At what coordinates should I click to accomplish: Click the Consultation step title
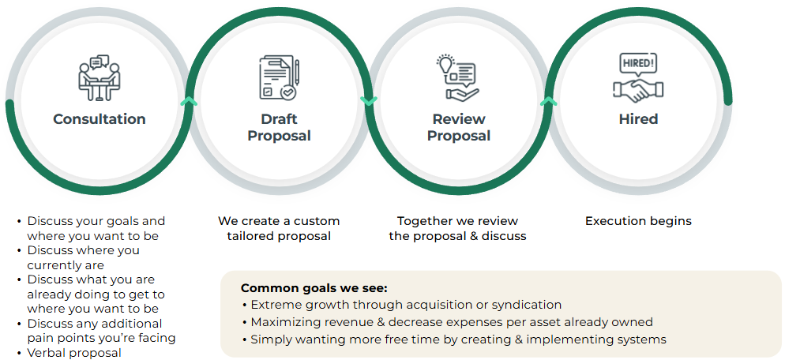pos(100,119)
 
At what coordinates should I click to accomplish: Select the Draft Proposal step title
pos(279,127)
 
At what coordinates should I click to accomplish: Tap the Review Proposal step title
pos(459,127)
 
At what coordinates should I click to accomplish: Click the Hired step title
pos(638,119)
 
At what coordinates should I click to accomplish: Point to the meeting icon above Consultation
pos(99,77)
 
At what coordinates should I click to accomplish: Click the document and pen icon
pos(279,77)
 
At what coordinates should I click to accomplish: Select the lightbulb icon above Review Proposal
pos(446,63)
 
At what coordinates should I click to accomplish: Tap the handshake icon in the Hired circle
pos(638,89)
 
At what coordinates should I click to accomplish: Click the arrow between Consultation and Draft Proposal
pos(189,101)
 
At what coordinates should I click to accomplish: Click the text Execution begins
pos(638,221)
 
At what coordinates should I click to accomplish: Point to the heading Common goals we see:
pos(314,288)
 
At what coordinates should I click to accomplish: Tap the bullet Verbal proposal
pos(74,352)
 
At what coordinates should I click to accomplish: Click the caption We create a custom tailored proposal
pos(279,228)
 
